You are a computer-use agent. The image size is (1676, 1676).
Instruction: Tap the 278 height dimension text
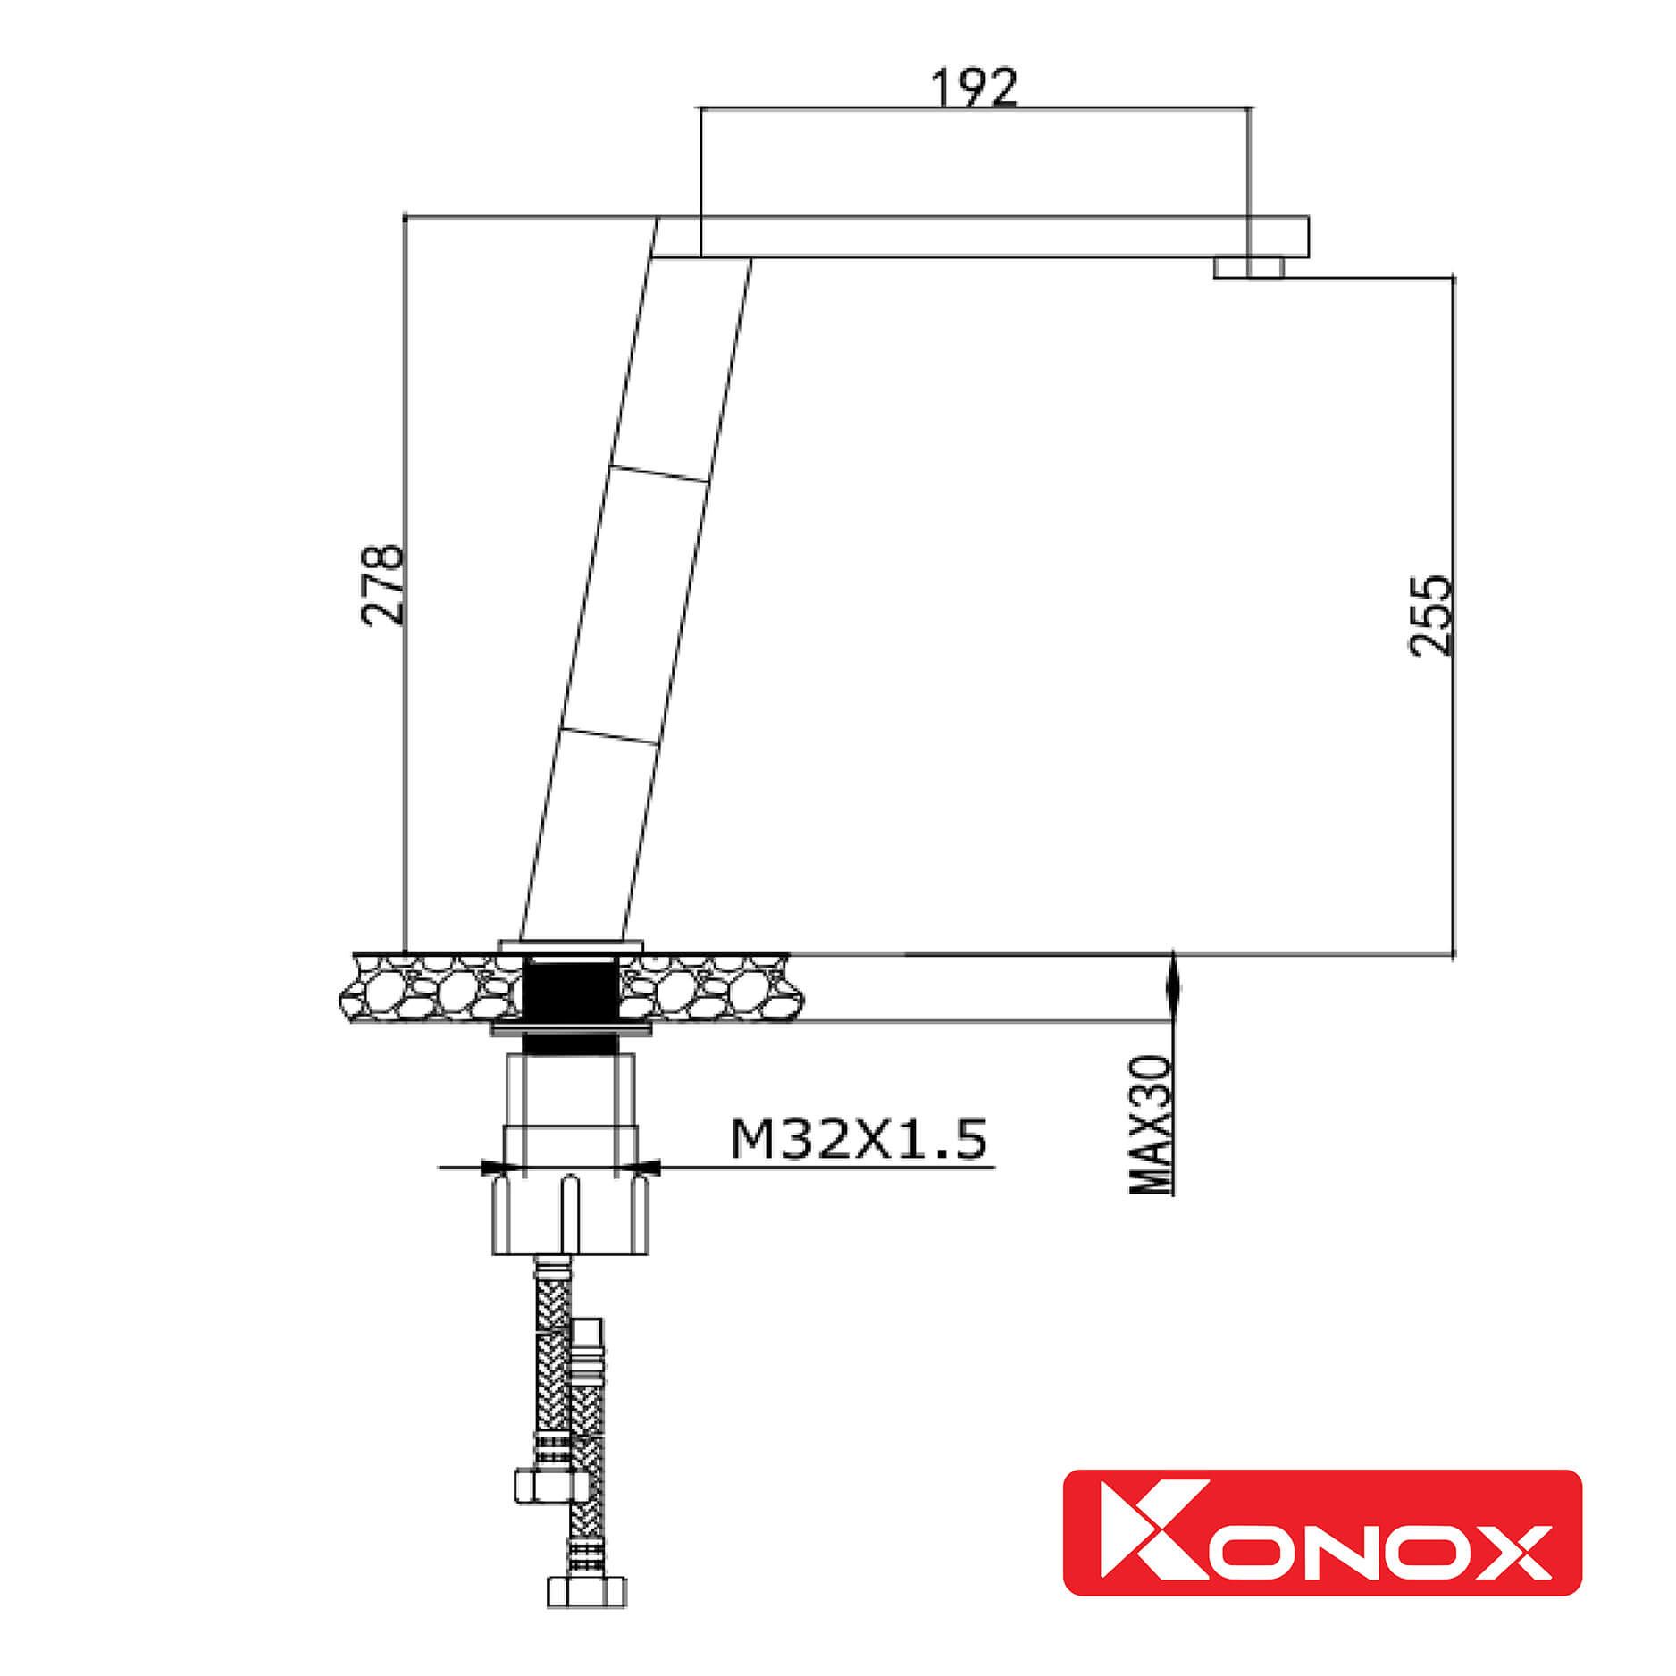[x=382, y=584]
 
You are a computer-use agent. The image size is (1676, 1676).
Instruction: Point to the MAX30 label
[x=1152, y=1125]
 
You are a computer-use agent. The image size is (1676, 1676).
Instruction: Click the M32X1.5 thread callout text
[x=859, y=1139]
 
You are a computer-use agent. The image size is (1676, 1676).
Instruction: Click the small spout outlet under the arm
[x=1248, y=268]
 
